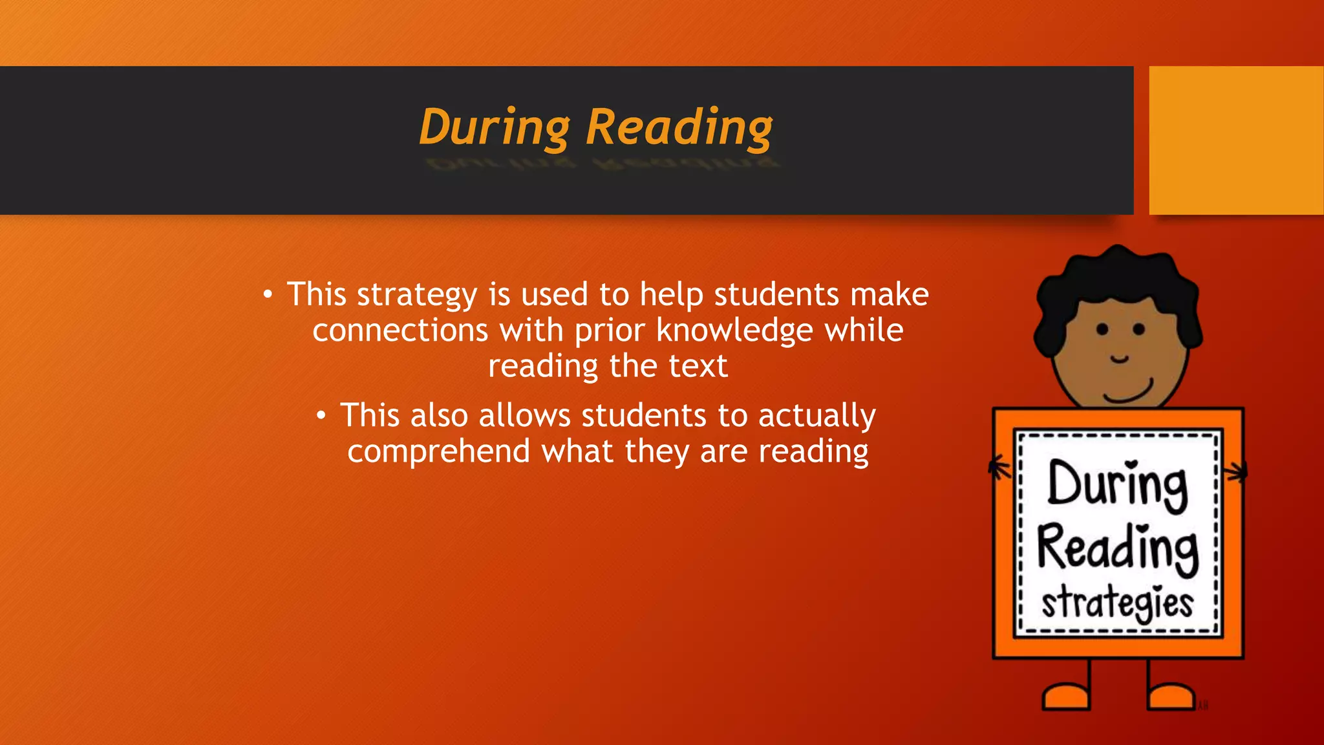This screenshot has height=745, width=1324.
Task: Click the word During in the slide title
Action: coord(494,127)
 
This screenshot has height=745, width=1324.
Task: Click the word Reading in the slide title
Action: coord(679,127)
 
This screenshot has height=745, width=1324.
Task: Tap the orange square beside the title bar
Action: coord(1235,140)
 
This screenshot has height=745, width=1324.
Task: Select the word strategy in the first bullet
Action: coord(417,295)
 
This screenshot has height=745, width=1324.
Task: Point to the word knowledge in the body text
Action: coord(734,330)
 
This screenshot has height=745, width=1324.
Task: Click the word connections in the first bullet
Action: coord(400,330)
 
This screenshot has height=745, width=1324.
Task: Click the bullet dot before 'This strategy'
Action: coord(268,295)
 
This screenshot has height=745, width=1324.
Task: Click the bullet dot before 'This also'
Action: coord(321,416)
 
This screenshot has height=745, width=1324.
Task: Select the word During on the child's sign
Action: coord(1118,485)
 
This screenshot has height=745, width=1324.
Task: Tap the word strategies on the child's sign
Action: coord(1117,602)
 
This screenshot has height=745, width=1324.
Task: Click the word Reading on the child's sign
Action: coord(1118,548)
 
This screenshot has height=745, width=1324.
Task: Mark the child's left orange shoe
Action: coord(1066,696)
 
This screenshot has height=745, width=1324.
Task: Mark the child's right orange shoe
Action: coord(1171,696)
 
